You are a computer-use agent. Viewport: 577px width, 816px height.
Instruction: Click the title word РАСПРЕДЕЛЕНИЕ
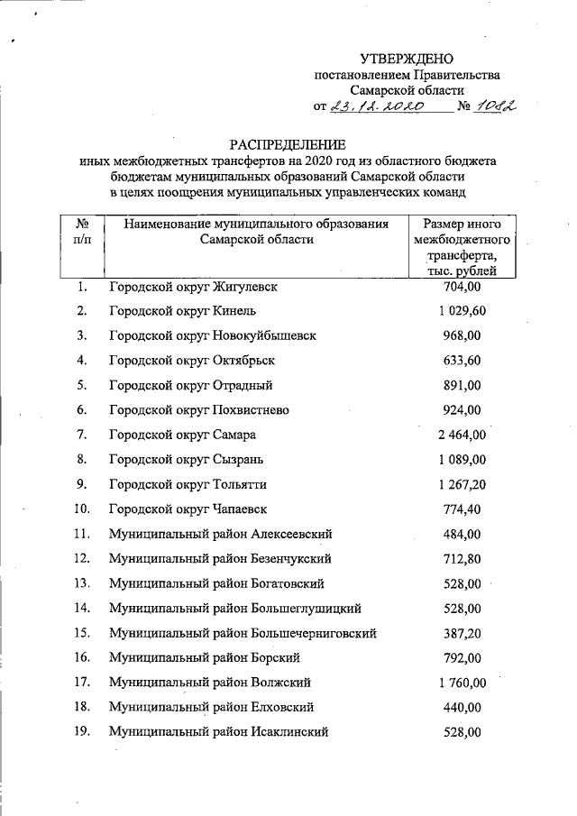[288, 144]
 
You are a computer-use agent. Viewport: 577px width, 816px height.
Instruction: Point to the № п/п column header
[82, 232]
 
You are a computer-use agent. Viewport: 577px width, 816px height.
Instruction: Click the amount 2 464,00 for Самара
[463, 436]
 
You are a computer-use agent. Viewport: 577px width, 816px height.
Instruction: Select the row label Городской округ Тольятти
[188, 484]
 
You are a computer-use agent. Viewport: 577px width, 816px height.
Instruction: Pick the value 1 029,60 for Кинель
[463, 312]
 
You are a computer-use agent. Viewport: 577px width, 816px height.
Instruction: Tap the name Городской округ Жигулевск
[192, 288]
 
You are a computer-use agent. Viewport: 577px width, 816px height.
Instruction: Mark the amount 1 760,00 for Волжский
[463, 681]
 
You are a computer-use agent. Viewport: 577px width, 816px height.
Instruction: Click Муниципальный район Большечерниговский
[243, 632]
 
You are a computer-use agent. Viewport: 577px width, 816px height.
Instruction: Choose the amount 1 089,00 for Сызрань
[463, 460]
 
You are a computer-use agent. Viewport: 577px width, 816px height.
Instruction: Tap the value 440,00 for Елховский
[464, 706]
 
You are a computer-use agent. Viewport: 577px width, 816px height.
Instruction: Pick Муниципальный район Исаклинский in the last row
[217, 730]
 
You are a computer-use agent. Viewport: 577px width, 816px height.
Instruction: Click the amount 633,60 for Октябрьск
[464, 361]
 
